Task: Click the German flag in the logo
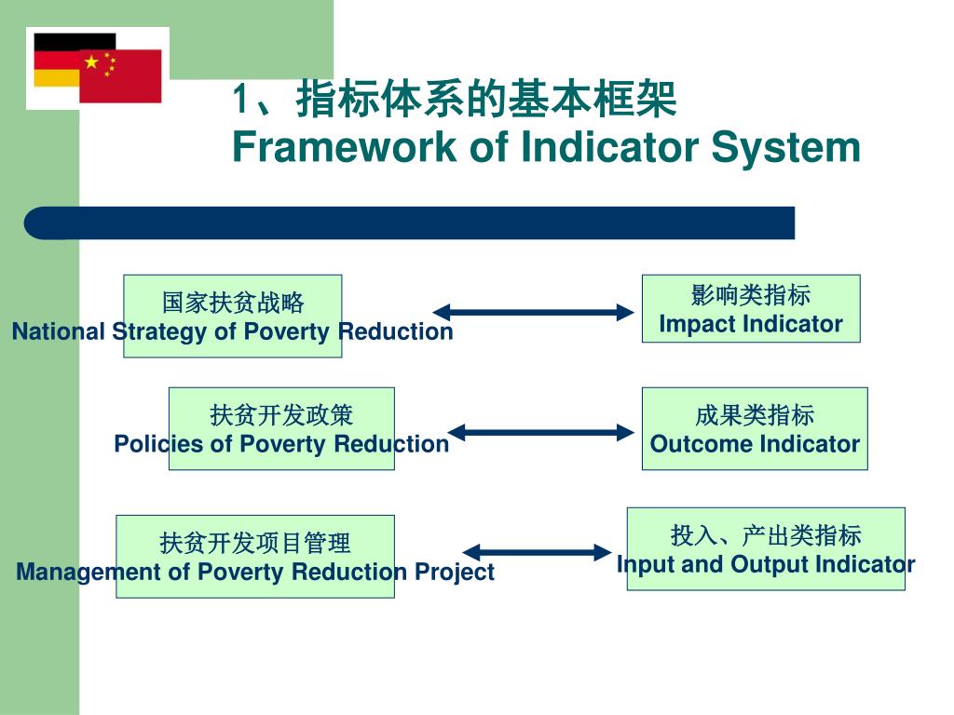58,60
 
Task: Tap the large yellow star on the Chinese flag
91,61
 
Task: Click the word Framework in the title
345,147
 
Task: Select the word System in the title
785,148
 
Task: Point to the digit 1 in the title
241,99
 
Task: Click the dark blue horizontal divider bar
410,223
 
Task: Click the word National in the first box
59,332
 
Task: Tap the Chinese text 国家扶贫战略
233,303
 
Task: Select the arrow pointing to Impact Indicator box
533,313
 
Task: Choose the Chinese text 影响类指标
751,295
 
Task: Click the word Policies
159,444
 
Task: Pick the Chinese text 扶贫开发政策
281,415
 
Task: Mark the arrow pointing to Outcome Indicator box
541,433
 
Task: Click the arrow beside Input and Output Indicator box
537,552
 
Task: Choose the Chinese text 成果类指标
755,415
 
